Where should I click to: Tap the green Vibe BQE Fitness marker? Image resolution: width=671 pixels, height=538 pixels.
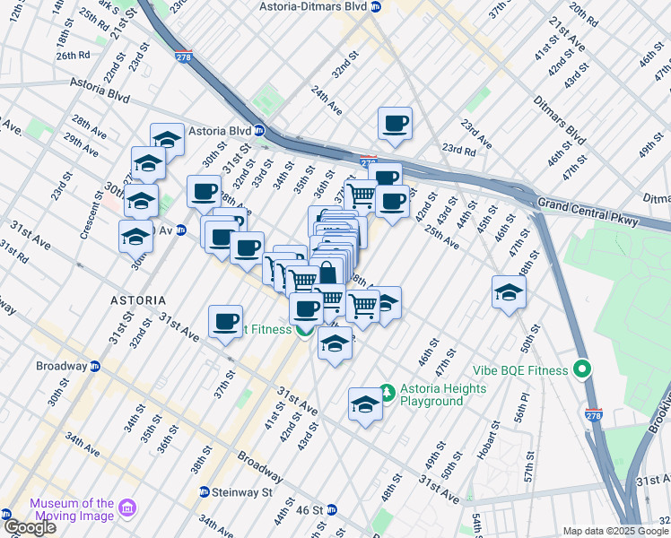pyautogui.click(x=581, y=369)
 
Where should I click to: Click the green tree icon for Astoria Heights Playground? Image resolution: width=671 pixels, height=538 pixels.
pyautogui.click(x=388, y=392)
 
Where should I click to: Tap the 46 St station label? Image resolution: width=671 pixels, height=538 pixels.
pyautogui.click(x=309, y=510)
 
